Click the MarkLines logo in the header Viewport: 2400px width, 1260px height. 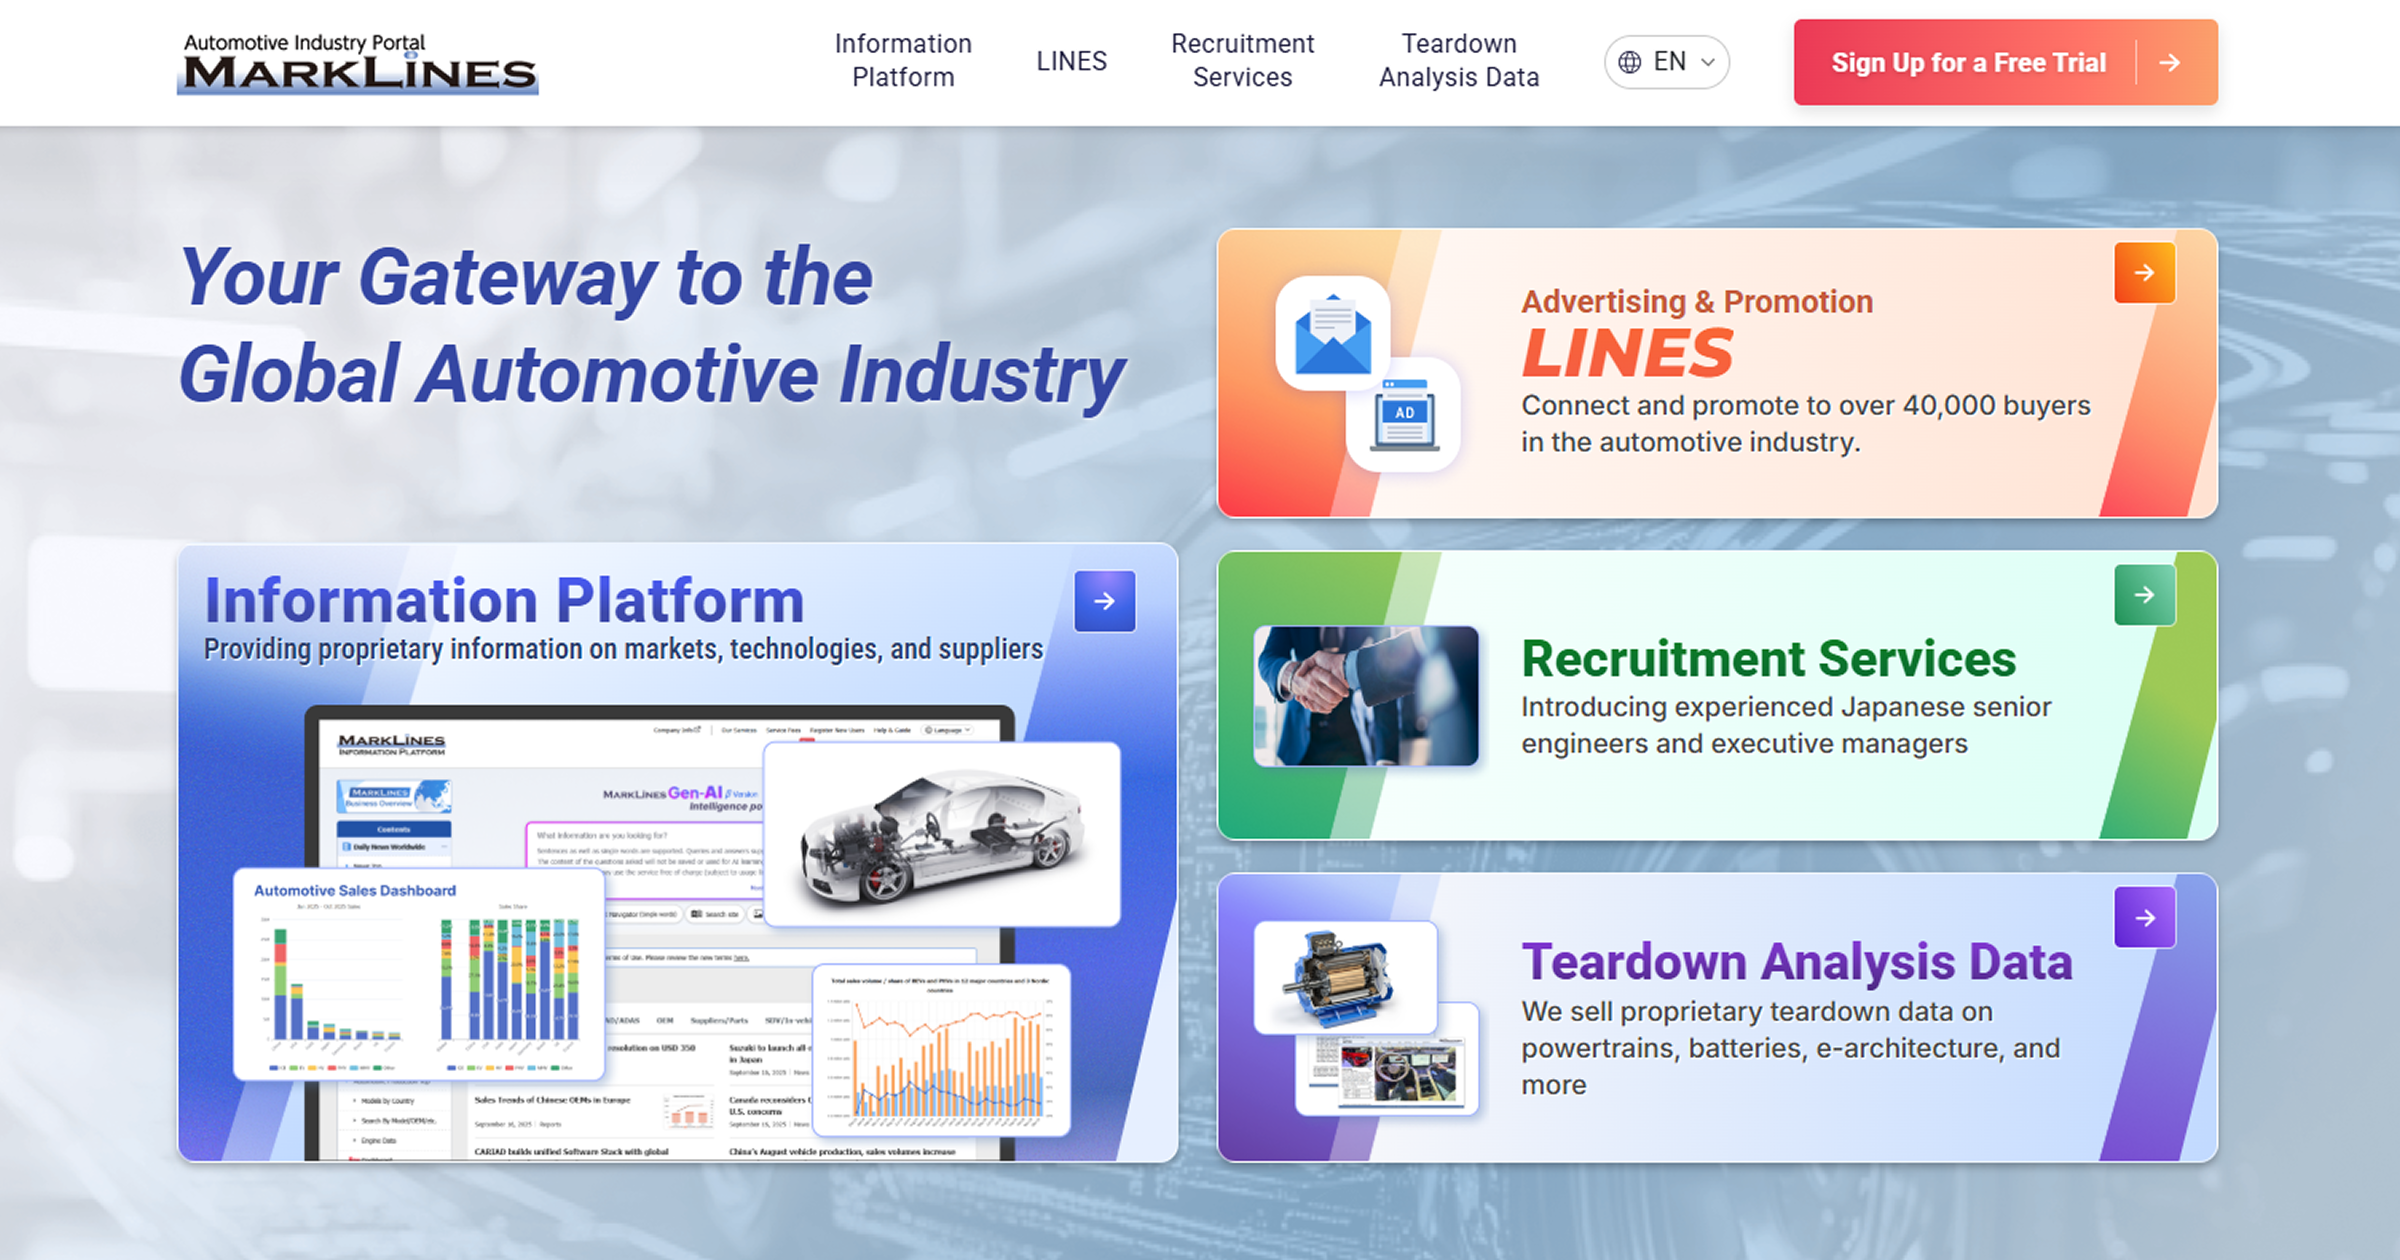pyautogui.click(x=357, y=64)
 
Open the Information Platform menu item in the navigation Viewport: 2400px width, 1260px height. pyautogui.click(x=903, y=61)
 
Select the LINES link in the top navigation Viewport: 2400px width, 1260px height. pyautogui.click(x=1071, y=61)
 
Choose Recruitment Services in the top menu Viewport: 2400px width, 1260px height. pyautogui.click(x=1242, y=61)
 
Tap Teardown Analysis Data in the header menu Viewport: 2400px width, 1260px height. pyautogui.click(x=1459, y=61)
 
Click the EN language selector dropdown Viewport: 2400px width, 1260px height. pyautogui.click(x=1667, y=62)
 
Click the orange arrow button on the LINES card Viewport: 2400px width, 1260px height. pyautogui.click(x=2144, y=273)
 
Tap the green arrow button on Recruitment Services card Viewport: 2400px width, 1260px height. pyautogui.click(x=2144, y=595)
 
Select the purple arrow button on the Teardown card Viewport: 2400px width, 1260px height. pyautogui.click(x=2144, y=918)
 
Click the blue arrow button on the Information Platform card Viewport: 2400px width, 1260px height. pyautogui.click(x=1104, y=601)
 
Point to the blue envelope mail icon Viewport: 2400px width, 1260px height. pyautogui.click(x=1333, y=334)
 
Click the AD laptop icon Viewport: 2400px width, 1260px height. pyautogui.click(x=1404, y=414)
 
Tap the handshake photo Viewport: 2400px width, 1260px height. pyautogui.click(x=1366, y=696)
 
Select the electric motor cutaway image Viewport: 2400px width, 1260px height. pyautogui.click(x=1344, y=977)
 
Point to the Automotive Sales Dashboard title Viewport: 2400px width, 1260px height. pyautogui.click(x=355, y=890)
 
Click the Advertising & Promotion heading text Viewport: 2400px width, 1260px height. pyautogui.click(x=1697, y=301)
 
